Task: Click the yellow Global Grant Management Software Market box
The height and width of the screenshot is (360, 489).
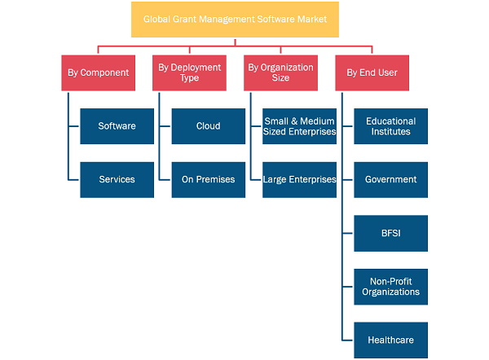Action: [x=235, y=20]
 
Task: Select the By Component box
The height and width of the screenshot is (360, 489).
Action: [x=99, y=73]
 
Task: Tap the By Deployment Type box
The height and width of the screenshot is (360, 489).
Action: [x=189, y=73]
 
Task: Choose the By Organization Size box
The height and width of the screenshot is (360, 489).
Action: [x=280, y=73]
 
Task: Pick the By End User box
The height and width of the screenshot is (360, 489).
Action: [x=372, y=73]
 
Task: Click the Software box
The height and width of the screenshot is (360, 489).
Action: [x=117, y=126]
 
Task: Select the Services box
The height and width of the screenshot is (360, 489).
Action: [x=117, y=180]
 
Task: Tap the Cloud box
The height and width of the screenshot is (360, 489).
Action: [x=209, y=126]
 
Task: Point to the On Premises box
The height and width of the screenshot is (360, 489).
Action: [x=209, y=180]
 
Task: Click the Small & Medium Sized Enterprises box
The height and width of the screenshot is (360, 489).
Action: [x=299, y=126]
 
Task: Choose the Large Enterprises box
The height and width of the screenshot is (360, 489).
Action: [x=299, y=180]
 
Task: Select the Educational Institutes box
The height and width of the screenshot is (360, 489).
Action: [x=390, y=126]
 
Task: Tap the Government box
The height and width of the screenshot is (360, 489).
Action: [x=390, y=180]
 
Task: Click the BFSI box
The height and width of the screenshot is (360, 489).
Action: [x=390, y=234]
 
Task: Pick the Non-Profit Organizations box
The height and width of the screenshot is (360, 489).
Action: [x=390, y=287]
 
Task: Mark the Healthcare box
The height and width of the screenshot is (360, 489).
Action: [x=390, y=340]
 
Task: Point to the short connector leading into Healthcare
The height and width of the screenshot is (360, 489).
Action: [x=347, y=340]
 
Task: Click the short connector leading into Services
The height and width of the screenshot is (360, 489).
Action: [x=73, y=180]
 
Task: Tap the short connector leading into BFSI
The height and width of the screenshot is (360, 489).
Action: [x=347, y=233]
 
